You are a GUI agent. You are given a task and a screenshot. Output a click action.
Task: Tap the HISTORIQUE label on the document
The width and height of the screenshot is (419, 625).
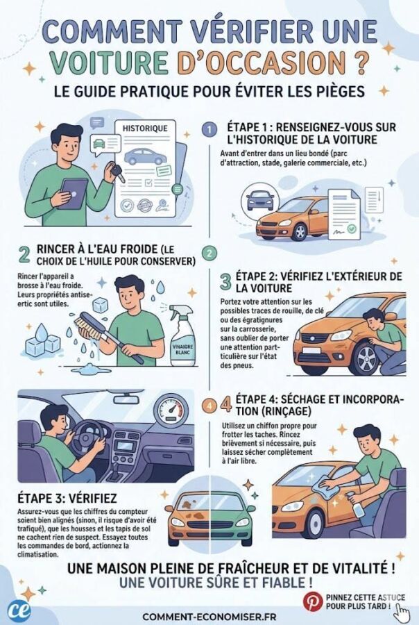click(144, 128)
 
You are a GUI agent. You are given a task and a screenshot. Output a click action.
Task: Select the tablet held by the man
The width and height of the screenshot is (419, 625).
click(72, 194)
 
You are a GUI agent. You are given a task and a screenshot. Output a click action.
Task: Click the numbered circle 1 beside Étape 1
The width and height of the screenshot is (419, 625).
click(208, 130)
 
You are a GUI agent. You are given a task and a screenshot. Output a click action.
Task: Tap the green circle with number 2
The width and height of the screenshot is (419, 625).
click(208, 253)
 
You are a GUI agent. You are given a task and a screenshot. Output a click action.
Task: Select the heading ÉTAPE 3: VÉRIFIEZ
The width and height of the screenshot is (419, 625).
click(67, 498)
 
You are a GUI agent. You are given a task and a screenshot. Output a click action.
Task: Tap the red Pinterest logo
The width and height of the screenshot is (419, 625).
click(311, 600)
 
